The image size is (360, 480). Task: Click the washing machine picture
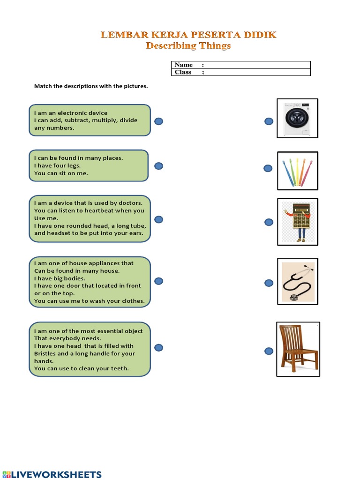297,118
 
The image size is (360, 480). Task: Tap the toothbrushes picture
297,171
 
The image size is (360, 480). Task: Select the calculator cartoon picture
297,222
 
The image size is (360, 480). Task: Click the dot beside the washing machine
269,122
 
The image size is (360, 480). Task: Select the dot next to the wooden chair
269,351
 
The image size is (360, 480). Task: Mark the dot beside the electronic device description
159,122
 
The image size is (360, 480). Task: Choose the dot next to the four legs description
159,166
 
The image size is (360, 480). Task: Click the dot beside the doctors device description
159,219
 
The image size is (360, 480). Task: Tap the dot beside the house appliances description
159,281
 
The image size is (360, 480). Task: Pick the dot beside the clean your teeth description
159,348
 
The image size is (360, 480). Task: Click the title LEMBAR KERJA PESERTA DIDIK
188,35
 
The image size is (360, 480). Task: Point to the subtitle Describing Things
188,46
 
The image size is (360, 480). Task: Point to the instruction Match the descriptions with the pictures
91,86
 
